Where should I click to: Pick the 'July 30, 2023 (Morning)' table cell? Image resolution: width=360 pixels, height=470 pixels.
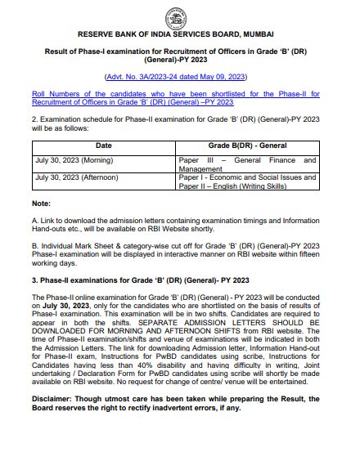pyautogui.click(x=74, y=160)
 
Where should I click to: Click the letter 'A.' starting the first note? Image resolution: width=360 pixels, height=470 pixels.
pyautogui.click(x=34, y=221)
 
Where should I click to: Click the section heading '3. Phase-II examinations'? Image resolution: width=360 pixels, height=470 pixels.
pyautogui.click(x=123, y=279)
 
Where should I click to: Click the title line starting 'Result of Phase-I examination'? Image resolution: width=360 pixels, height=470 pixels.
pyautogui.click(x=179, y=51)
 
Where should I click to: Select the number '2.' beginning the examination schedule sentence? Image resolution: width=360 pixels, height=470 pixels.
pyautogui.click(x=34, y=119)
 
